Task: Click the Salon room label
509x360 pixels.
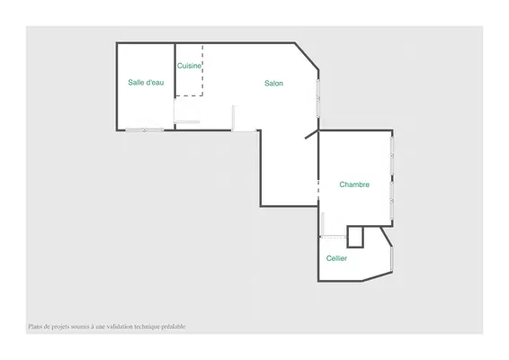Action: point(273,83)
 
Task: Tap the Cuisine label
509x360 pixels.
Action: point(189,66)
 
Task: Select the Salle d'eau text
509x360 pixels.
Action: point(146,82)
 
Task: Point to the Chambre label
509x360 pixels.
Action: point(354,184)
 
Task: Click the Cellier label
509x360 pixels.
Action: point(336,258)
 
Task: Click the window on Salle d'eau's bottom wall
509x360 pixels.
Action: point(145,130)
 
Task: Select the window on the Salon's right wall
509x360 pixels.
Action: point(318,98)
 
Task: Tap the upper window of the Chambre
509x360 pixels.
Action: point(392,156)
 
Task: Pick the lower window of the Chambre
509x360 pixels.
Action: point(392,201)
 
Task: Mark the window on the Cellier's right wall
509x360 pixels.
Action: point(392,258)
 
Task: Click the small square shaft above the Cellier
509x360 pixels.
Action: point(355,237)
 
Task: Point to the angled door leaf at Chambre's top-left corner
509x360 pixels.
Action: point(312,134)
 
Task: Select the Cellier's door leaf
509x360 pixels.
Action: point(323,224)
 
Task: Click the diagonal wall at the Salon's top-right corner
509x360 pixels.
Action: point(307,56)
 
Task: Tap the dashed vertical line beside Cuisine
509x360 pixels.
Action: point(202,70)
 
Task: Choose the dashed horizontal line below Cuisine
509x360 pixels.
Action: point(189,95)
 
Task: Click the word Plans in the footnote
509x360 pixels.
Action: point(35,326)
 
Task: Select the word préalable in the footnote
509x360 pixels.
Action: point(174,326)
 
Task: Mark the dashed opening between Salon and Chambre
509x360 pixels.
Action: point(318,189)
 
